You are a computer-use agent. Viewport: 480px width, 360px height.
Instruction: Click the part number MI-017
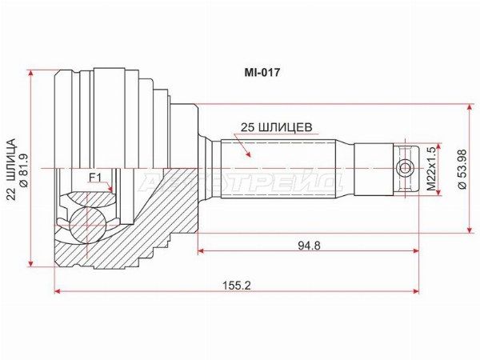point(262,73)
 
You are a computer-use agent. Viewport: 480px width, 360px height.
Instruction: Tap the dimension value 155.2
point(236,286)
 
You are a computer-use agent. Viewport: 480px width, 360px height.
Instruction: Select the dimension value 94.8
point(309,246)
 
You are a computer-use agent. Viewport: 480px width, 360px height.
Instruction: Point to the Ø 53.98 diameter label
point(462,169)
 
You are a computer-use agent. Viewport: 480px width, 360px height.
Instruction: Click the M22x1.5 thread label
point(431,169)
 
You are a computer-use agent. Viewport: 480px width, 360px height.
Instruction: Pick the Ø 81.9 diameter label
point(24,170)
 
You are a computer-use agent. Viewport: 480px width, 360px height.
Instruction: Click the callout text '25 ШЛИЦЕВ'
point(277,127)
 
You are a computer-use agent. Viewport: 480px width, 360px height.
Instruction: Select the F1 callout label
point(95,178)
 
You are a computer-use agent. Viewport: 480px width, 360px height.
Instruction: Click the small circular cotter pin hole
point(405,169)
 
